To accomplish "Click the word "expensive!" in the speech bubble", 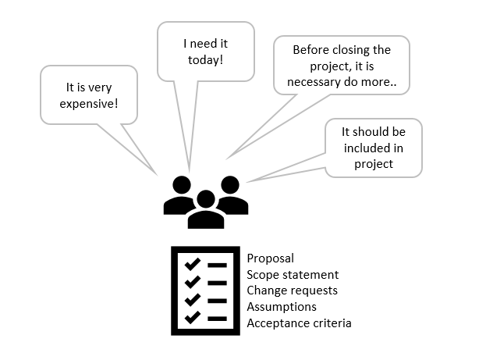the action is [x=89, y=104].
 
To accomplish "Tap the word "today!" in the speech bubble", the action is [x=206, y=59].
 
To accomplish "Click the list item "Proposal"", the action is [x=271, y=258].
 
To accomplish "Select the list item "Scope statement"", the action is [x=293, y=274].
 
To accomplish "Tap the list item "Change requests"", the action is [x=292, y=290].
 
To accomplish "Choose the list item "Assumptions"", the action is [x=282, y=307].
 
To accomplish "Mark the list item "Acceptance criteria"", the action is [x=299, y=323].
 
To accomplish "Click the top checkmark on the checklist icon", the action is [x=193, y=264].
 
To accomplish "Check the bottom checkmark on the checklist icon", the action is [x=193, y=318].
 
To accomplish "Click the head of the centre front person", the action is [x=206, y=199].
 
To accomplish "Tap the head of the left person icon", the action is [x=182, y=185].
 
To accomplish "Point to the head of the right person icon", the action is [x=230, y=185].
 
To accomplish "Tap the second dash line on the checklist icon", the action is [x=217, y=283].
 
